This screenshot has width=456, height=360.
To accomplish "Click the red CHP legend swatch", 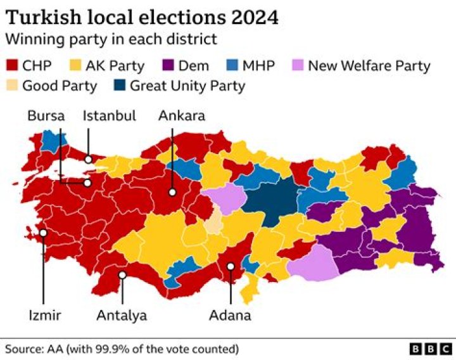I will (11, 65).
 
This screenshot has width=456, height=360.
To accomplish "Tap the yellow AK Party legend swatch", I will (77, 65).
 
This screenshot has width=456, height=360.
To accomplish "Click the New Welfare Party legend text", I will (369, 65).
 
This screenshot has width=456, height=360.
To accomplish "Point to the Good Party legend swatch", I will (11, 86).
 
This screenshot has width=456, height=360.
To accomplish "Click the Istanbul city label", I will (110, 116).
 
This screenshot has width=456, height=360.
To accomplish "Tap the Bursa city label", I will (46, 116).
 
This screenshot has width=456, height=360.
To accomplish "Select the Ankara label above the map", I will (181, 116).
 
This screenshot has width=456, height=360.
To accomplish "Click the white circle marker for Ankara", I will (172, 192).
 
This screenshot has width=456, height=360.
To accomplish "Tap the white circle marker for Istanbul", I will (89, 159).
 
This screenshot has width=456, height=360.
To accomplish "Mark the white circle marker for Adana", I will (231, 267).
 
